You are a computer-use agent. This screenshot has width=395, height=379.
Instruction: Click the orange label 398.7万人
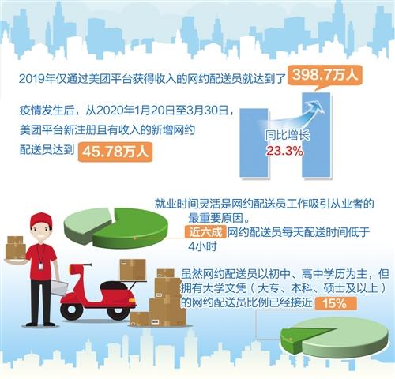(x=325, y=75)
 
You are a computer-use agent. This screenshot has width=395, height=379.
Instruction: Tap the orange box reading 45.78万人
(x=115, y=152)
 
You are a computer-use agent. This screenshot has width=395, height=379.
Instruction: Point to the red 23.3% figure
(x=284, y=151)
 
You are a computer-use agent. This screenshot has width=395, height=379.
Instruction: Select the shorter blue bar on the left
(x=254, y=142)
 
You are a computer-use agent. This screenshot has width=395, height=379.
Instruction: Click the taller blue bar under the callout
(x=316, y=135)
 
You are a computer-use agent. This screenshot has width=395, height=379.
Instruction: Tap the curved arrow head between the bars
(x=316, y=107)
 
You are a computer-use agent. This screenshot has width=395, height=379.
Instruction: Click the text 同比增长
(x=287, y=135)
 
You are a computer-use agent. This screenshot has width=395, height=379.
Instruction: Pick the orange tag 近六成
(x=205, y=232)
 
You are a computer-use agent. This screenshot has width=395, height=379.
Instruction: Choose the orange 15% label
(x=336, y=303)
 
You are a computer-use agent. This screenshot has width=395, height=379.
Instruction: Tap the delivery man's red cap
(x=41, y=220)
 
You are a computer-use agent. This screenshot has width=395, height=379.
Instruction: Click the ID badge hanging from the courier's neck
(x=41, y=266)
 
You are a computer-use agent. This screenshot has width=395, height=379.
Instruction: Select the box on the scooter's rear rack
(x=133, y=270)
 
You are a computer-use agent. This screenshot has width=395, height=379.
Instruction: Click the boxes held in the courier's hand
(x=15, y=248)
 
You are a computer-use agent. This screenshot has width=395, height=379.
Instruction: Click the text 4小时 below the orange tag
(x=202, y=247)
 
